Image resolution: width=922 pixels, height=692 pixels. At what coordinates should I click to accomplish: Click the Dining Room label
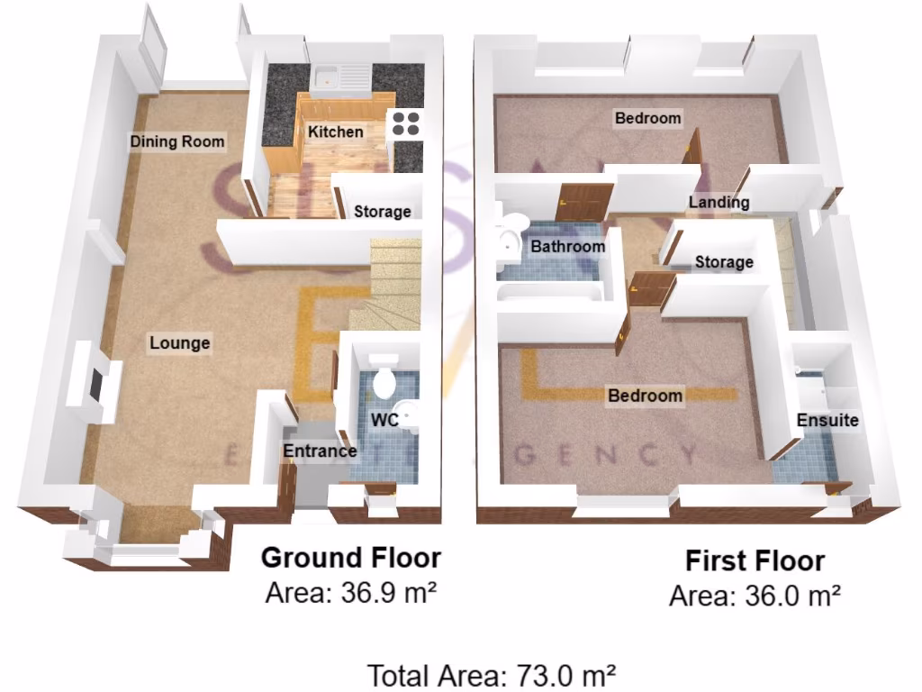point(177,141)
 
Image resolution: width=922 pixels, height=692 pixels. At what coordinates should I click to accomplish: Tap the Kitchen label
point(336,132)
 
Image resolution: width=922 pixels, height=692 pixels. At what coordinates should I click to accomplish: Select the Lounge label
point(180,342)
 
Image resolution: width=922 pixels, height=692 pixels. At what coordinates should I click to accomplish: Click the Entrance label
point(320,451)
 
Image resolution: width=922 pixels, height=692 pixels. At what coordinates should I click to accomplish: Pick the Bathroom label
point(567,246)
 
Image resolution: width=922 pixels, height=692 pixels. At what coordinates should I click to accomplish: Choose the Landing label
point(719,202)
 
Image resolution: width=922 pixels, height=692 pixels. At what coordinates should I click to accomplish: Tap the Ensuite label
point(827,420)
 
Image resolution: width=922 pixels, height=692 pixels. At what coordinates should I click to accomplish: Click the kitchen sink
point(339,77)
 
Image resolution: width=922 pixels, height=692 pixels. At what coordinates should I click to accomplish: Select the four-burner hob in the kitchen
point(405,123)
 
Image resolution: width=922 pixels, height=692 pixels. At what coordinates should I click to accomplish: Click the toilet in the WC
point(384,382)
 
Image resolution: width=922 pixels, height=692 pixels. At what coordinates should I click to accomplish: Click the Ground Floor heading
point(350,558)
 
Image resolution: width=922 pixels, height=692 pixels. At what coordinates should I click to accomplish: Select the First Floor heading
point(755,561)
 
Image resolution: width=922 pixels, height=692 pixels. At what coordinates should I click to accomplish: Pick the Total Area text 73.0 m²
point(492,674)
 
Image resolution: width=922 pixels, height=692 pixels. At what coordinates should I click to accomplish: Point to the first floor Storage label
point(724,262)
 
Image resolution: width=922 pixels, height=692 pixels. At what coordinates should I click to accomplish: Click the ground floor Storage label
point(382,212)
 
